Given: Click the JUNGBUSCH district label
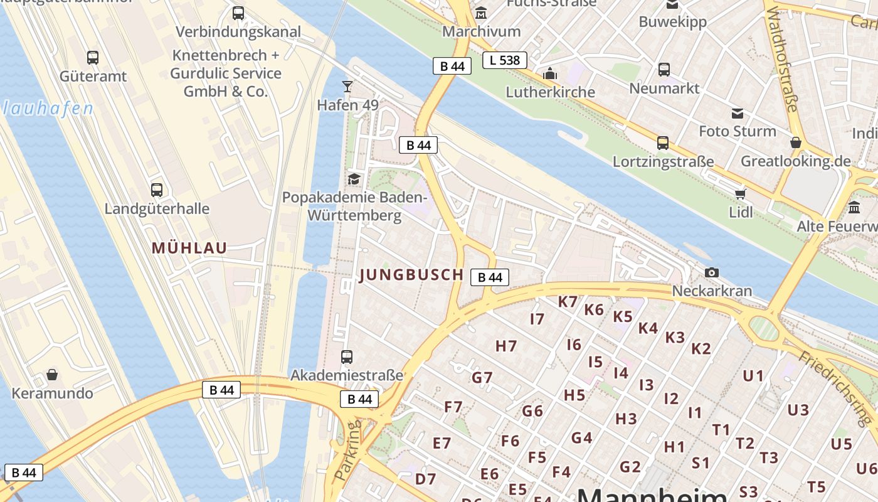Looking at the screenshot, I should click(x=411, y=275).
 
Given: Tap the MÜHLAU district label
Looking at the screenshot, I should click(x=189, y=248).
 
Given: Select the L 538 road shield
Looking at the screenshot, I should click(x=504, y=60).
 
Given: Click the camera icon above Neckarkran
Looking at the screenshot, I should click(x=712, y=272).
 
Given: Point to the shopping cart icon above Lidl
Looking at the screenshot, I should click(x=741, y=193).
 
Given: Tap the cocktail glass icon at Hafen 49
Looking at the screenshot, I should click(x=347, y=86).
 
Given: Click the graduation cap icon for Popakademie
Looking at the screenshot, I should click(x=354, y=179).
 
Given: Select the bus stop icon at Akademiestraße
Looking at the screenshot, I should click(x=347, y=357).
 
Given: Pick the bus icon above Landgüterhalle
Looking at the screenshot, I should click(x=157, y=190).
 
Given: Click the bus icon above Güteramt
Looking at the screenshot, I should click(x=93, y=58).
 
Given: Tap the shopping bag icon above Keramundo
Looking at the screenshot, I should click(x=52, y=375).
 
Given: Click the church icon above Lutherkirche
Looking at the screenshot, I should click(x=550, y=74).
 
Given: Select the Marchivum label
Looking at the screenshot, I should click(x=481, y=31).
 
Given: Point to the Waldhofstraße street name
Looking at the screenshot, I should click(x=781, y=60).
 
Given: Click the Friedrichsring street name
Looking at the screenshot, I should click(x=837, y=387).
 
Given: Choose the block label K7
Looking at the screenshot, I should click(x=568, y=302).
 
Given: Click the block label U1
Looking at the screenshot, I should click(x=753, y=376).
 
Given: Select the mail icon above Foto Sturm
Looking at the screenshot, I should click(x=738, y=114).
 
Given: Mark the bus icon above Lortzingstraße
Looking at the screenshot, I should click(x=663, y=143).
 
